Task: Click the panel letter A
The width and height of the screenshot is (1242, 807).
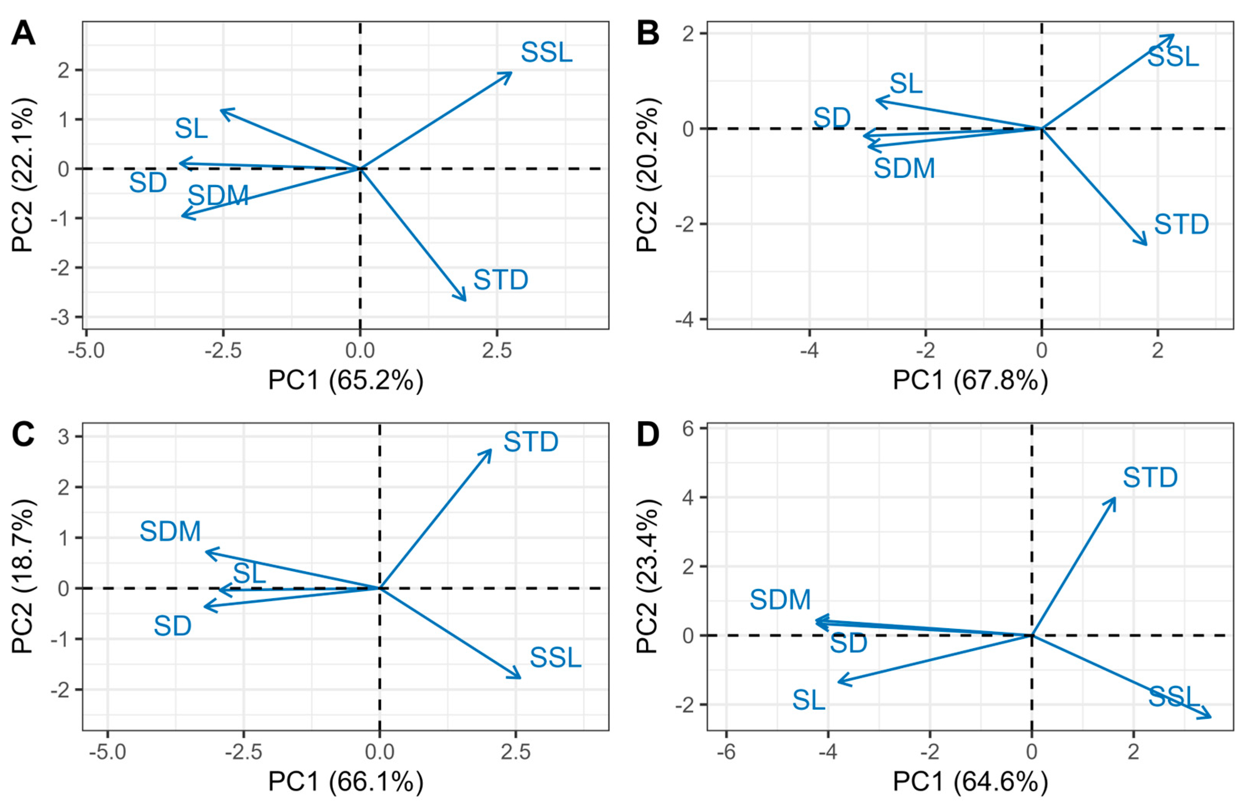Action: pos(23,35)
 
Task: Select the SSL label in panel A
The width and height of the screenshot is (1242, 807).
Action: pos(546,53)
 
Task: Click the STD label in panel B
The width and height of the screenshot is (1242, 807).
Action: pos(1181,224)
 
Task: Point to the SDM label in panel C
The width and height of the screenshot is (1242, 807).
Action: pos(170,532)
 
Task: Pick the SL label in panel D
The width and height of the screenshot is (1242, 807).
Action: pos(808,700)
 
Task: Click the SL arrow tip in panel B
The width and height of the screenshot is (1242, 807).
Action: pos(877,100)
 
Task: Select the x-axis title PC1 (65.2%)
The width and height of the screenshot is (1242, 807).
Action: pos(346,380)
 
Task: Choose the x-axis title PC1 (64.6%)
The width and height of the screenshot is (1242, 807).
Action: pos(970,782)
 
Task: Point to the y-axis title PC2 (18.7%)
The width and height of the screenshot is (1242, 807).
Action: pos(23,577)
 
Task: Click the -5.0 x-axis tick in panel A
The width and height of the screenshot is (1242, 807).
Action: pos(86,350)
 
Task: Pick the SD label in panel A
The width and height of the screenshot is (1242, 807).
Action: pos(148,183)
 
